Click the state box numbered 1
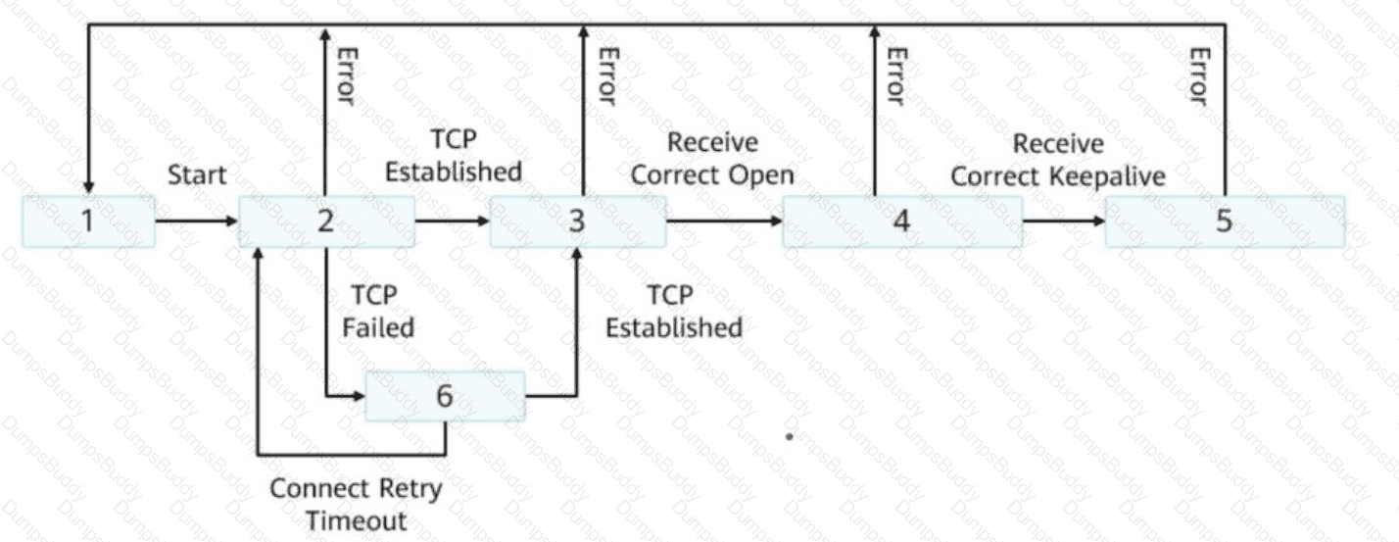[88, 221]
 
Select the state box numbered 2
[326, 221]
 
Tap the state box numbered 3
[578, 221]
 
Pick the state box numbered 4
[902, 221]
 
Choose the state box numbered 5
[1225, 221]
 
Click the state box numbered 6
[445, 396]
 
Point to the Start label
[197, 175]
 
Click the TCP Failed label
[378, 311]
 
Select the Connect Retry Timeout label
[356, 504]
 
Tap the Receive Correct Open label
[712, 159]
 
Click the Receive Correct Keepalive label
[1058, 160]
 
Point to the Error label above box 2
[344, 74]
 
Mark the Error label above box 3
[606, 74]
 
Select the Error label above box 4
[894, 74]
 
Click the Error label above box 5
[1197, 74]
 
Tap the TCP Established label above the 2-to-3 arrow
[453, 155]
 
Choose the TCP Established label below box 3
[673, 312]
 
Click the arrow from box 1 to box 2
[197, 221]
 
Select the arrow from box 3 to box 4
[725, 221]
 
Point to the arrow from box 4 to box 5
[1064, 221]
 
